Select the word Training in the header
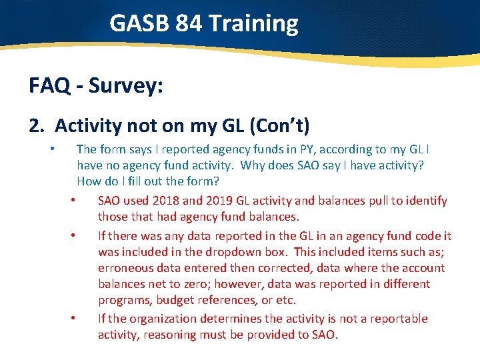click(x=253, y=24)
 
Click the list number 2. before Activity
click(x=37, y=125)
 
